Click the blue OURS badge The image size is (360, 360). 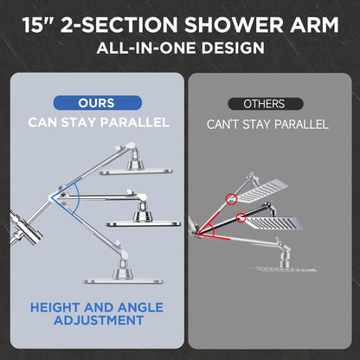95,103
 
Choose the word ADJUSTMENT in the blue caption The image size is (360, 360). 99,321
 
